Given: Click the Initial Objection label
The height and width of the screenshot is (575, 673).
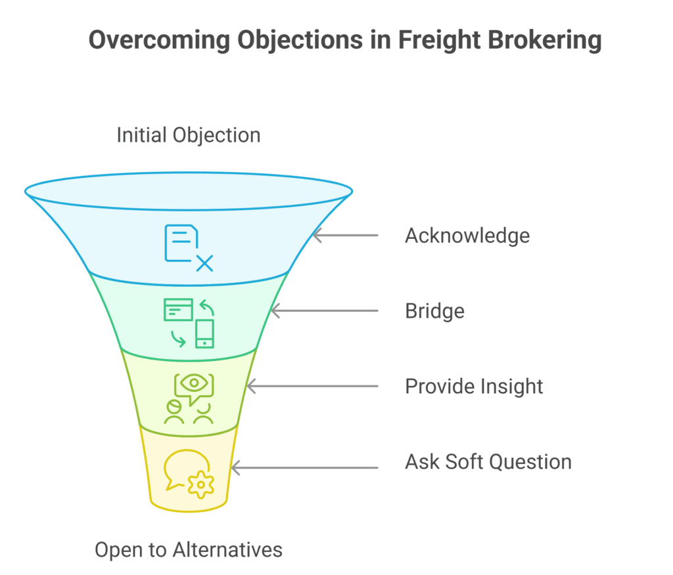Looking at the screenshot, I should [x=189, y=135].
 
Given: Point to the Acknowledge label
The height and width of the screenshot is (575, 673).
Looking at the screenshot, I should [x=467, y=235].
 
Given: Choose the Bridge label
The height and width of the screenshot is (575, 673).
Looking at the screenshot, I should [x=434, y=310].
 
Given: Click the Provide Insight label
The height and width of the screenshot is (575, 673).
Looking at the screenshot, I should [x=474, y=386].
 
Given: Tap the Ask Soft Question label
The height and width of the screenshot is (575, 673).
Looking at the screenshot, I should [x=488, y=461].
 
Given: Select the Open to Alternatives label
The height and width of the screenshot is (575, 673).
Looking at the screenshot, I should [x=189, y=549].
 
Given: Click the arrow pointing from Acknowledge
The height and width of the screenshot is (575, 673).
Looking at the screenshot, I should [x=346, y=235].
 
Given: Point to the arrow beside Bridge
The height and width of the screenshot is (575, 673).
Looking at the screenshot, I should [x=325, y=310].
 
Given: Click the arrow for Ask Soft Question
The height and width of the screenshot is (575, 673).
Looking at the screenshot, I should [x=304, y=468].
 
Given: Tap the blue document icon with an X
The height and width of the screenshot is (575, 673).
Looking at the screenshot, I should [x=188, y=247].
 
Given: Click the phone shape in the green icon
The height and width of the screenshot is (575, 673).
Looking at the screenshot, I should [x=205, y=333].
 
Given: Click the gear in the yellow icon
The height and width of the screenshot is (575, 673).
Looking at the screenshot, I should [x=201, y=484].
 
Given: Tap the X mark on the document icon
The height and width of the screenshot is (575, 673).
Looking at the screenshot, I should [x=204, y=263].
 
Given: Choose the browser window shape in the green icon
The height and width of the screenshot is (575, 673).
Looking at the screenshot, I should [x=178, y=309].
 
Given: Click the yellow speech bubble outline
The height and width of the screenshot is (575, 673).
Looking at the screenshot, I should [x=177, y=466].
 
